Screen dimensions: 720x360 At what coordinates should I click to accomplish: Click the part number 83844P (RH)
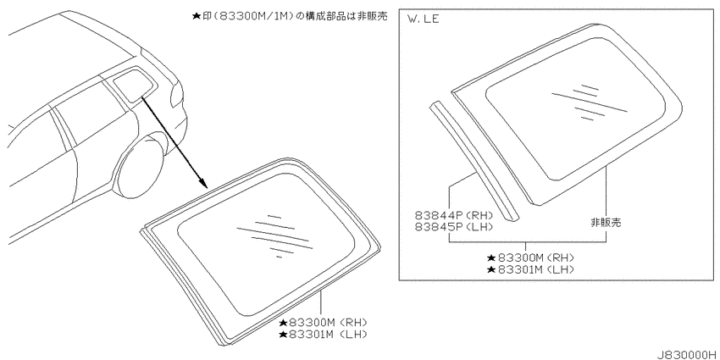point(454,215)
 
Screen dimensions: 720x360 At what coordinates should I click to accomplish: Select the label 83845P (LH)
point(454,226)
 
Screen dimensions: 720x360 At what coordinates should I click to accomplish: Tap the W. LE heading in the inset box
point(423,19)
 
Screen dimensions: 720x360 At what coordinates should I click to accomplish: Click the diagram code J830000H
point(687,354)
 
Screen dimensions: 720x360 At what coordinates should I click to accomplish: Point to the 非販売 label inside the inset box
point(606,223)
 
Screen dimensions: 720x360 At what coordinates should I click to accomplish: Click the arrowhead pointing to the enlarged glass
point(203,184)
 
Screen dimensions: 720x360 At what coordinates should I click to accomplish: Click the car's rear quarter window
point(131,83)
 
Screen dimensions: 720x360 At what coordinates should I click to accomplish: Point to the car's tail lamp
point(177,97)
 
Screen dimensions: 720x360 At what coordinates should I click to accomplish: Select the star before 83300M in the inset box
point(491,258)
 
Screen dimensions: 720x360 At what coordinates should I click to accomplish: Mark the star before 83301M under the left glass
point(283,334)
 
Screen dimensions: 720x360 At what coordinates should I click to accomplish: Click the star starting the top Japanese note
point(196,15)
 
